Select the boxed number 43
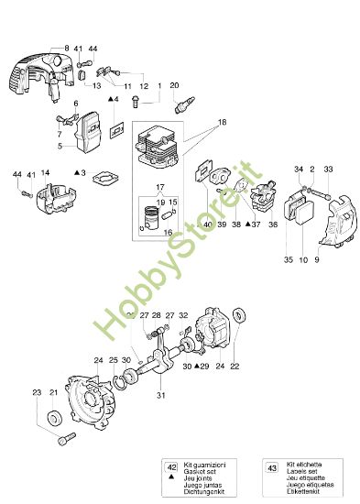click(269, 468)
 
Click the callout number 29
click(204, 366)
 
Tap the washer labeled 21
click(54, 419)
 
